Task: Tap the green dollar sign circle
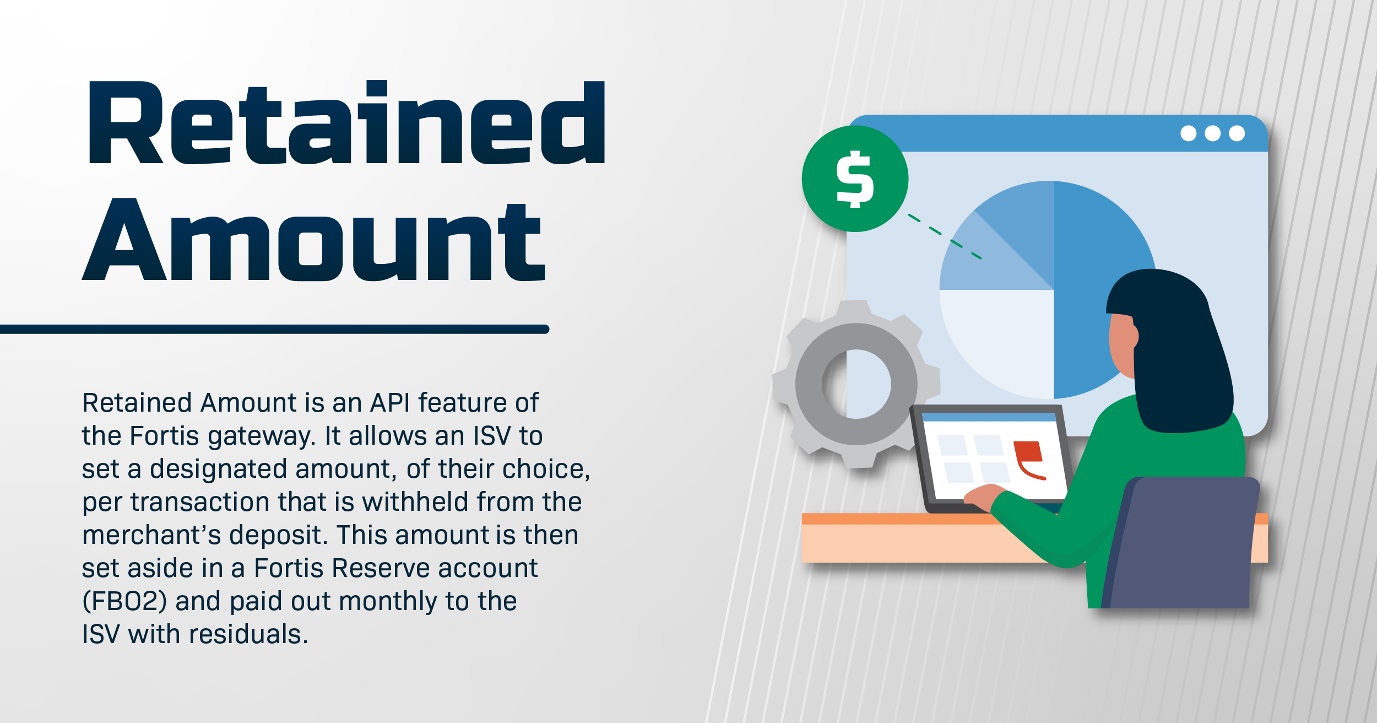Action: tap(855, 179)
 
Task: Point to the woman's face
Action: tap(1121, 344)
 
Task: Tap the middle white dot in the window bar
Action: tap(1212, 133)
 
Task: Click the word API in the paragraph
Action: tap(390, 403)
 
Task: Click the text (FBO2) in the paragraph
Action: tap(124, 601)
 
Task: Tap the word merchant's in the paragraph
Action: tap(151, 535)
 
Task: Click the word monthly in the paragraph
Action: tap(388, 602)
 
